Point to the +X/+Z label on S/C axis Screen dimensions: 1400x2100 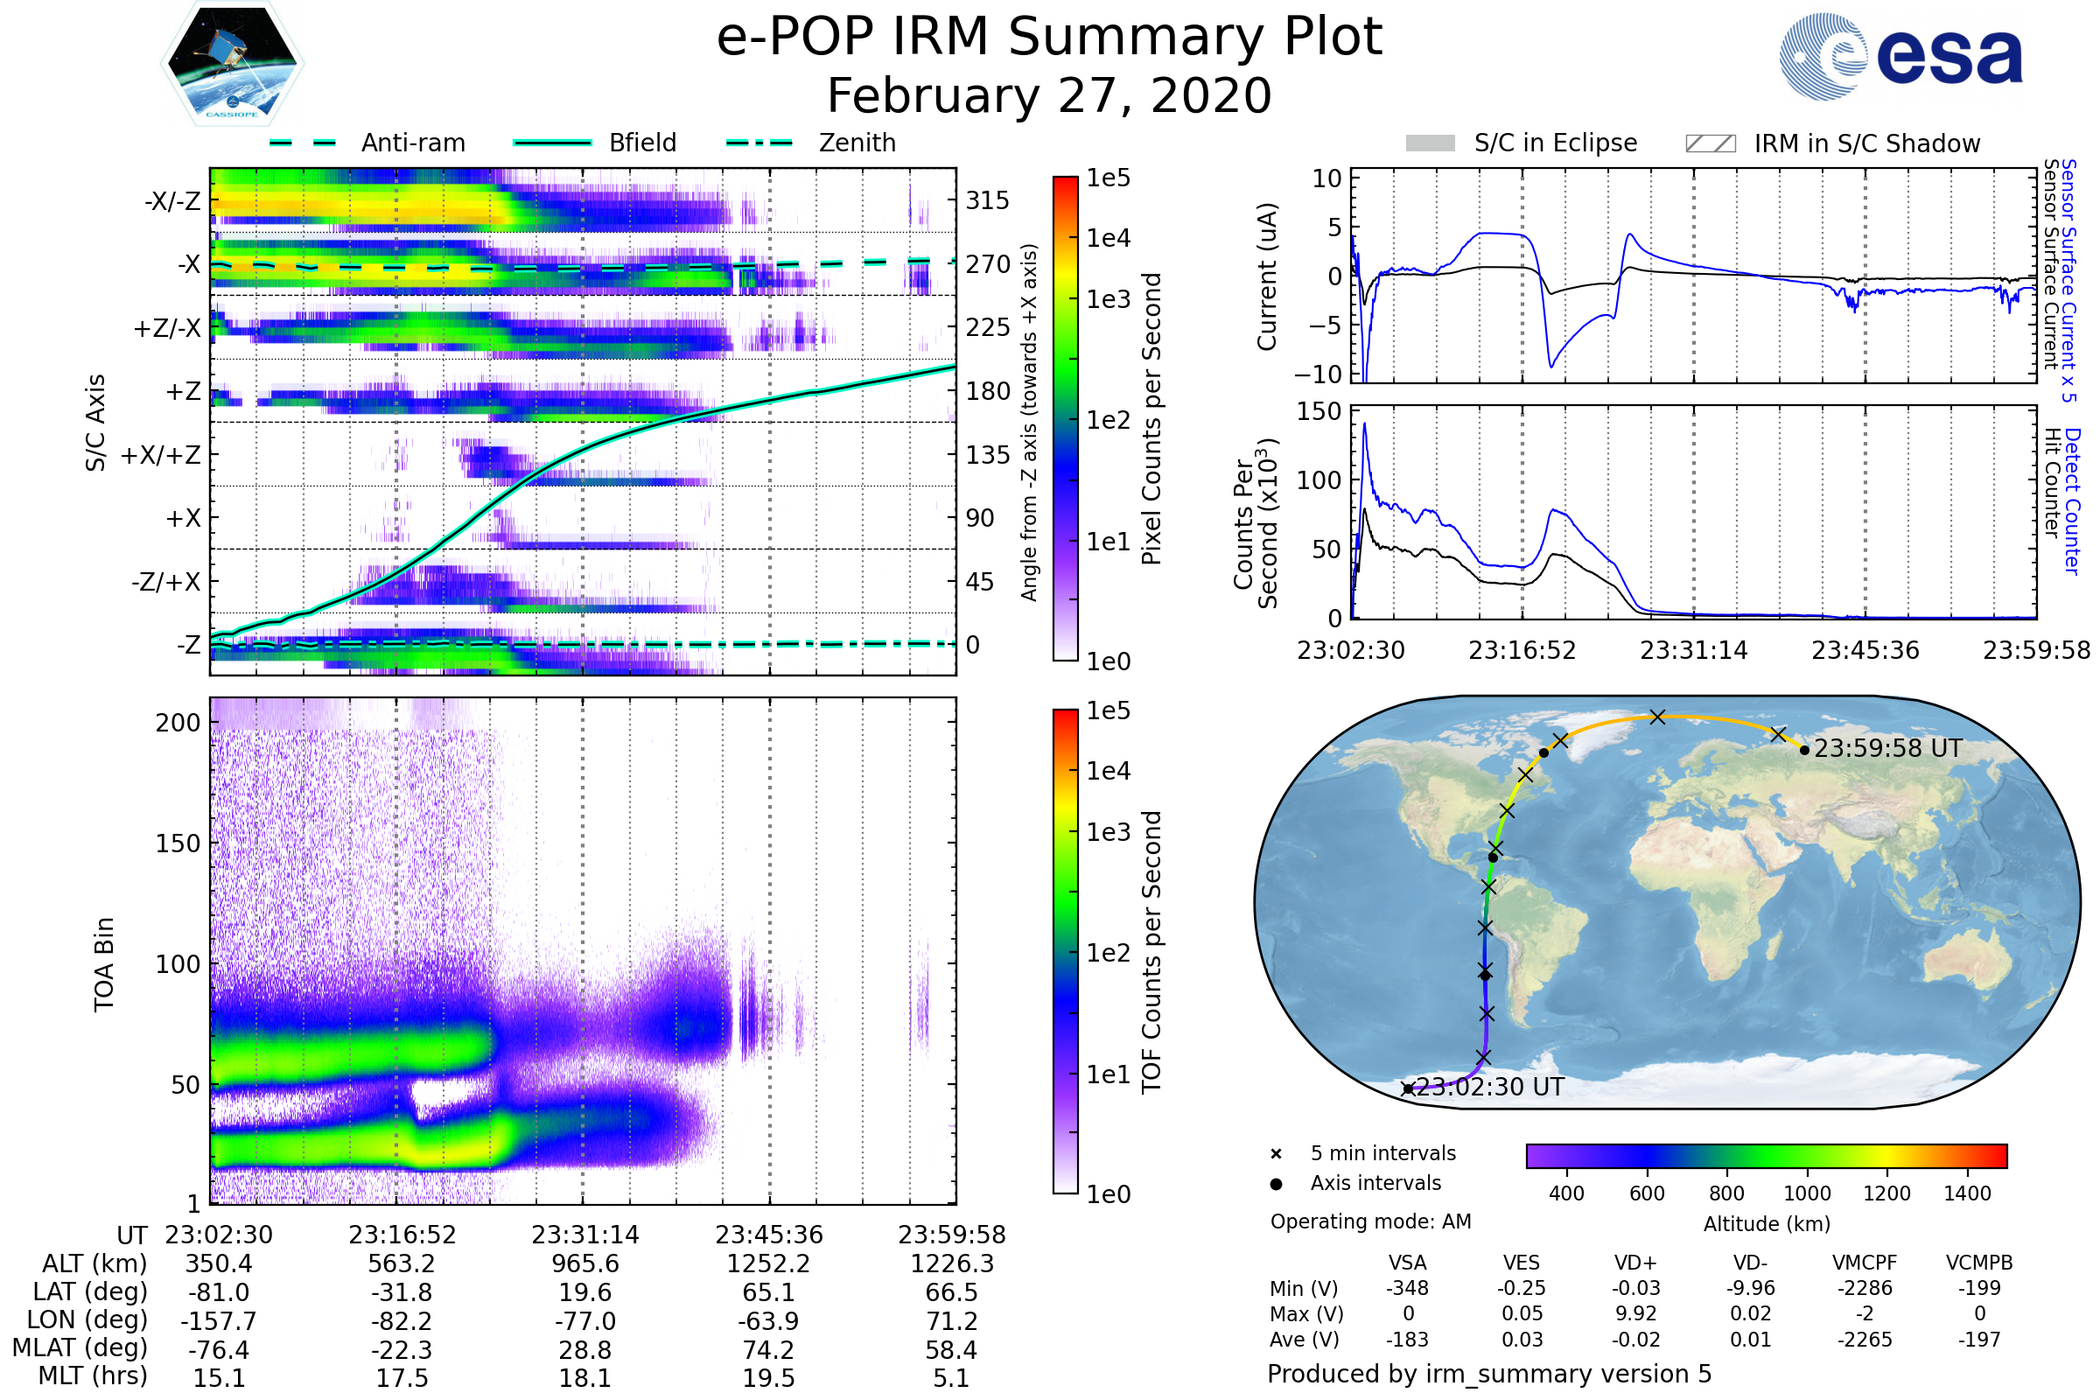point(161,455)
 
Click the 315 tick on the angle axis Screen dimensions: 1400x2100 point(988,200)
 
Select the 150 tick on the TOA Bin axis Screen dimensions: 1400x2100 point(178,843)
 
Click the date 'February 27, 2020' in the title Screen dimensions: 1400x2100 point(1049,95)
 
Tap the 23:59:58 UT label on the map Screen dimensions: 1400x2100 point(1887,748)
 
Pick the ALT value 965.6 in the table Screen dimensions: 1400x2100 point(584,1263)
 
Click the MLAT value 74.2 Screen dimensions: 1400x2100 point(768,1349)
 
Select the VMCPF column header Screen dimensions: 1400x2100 point(1865,1263)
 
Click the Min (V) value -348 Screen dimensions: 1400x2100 point(1407,1287)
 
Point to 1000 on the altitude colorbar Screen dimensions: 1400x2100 point(1806,1193)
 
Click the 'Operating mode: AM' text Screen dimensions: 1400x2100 point(1370,1221)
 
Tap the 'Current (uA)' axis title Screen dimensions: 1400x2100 point(1267,276)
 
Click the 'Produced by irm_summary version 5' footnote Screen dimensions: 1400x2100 point(1489,1373)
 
